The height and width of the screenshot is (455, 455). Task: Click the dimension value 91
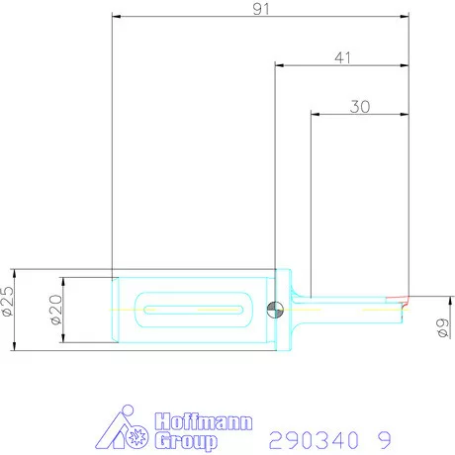(x=261, y=9)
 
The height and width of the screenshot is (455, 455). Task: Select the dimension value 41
(x=342, y=58)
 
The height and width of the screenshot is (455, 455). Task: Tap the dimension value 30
(x=360, y=107)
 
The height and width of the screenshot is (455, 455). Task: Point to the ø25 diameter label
(x=8, y=301)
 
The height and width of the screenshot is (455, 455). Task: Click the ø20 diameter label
(x=56, y=310)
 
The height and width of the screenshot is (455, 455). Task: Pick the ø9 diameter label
(x=443, y=327)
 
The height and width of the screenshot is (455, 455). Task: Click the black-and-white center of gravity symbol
(x=275, y=310)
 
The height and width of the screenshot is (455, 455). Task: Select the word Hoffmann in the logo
(x=204, y=421)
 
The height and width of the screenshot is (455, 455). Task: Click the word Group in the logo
(x=186, y=441)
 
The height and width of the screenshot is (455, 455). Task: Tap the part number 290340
(x=314, y=440)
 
